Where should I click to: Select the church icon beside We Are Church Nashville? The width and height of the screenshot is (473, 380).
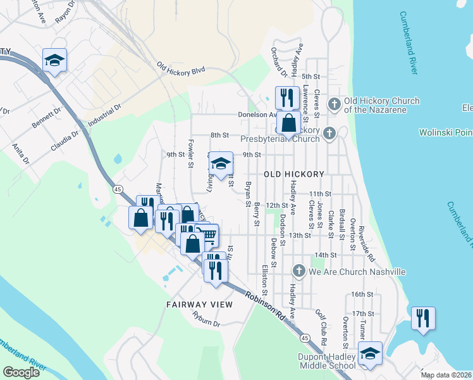pos(299,272)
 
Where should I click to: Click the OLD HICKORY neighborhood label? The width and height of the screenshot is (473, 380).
pos(294,174)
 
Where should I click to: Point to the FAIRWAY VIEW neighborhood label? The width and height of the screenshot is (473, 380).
pos(199,305)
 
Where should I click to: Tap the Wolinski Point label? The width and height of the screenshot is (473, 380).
pos(445,132)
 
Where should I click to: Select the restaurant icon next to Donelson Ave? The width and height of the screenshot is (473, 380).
pos(287,97)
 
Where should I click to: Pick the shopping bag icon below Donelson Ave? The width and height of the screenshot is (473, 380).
pos(288,122)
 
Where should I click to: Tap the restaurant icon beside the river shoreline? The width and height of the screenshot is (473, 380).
pos(423,317)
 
